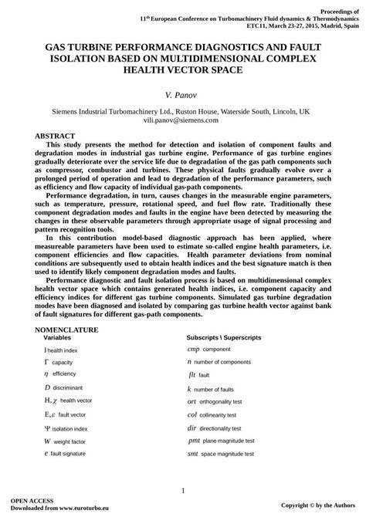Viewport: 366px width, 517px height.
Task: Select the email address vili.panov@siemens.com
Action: (182, 120)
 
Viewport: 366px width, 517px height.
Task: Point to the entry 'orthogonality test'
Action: (227, 402)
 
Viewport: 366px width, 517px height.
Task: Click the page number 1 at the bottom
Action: (183, 491)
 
